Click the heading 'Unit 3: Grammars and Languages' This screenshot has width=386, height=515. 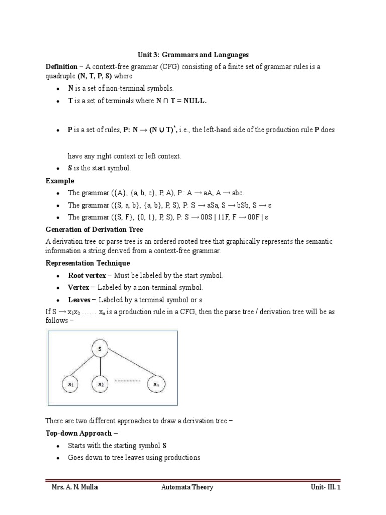tap(194, 54)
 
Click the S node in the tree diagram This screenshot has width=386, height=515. tap(101, 349)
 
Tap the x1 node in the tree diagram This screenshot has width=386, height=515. tap(70, 384)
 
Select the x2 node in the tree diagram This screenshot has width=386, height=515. tap(101, 384)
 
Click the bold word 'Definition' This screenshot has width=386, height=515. tap(62, 66)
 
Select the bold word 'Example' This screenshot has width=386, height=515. tap(60, 181)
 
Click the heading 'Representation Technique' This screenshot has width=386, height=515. tap(87, 263)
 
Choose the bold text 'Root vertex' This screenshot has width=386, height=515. tap(87, 275)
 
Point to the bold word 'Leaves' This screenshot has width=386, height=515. tap(79, 300)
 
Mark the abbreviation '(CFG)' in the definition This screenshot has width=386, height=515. tap(168, 66)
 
